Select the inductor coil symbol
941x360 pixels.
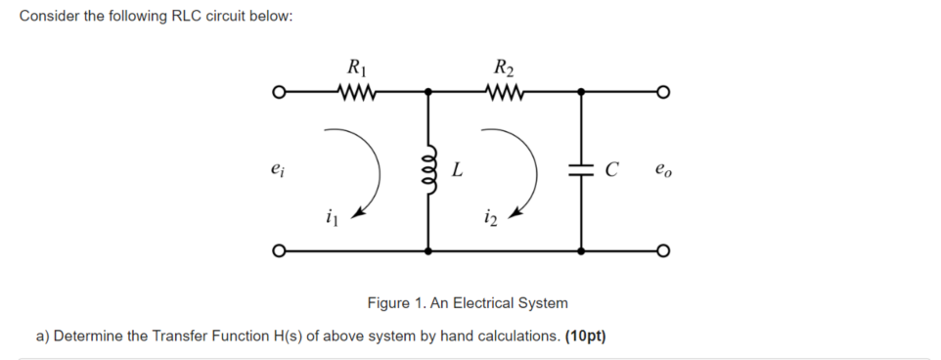428,171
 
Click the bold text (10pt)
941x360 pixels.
586,337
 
